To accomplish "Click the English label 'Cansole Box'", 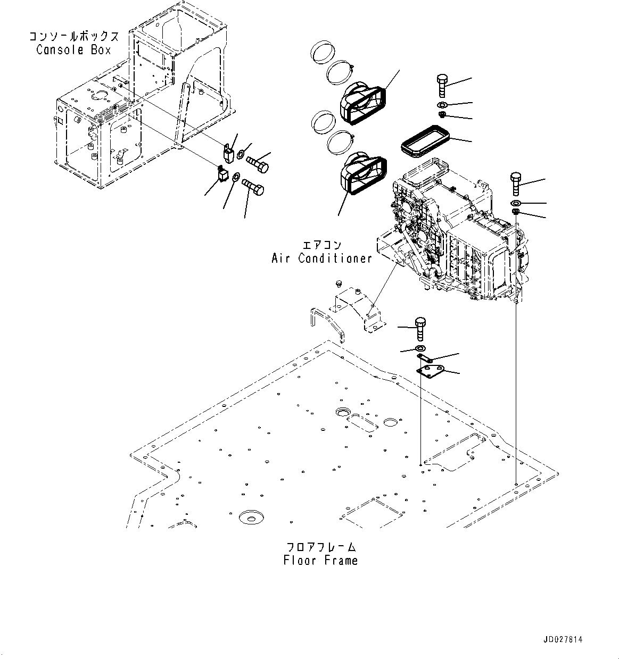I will coord(73,50).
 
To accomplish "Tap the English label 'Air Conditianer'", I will coord(321,258).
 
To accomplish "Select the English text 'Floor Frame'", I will coord(320,560).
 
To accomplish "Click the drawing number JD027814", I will coord(563,639).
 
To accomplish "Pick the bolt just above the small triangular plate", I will coord(420,328).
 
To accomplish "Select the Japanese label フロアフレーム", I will coord(320,547).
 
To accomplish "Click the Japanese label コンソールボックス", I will coord(73,37).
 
